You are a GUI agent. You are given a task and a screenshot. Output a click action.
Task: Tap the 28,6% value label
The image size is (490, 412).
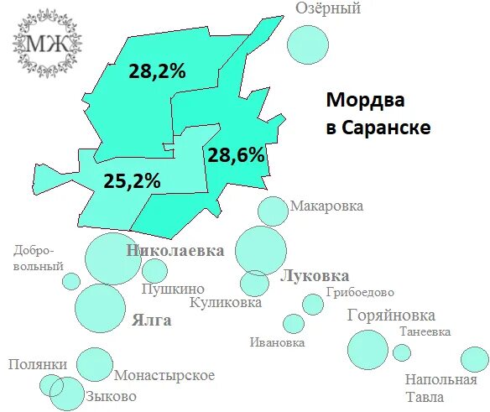236,154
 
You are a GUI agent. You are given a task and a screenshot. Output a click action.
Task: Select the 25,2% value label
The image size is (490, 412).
132,180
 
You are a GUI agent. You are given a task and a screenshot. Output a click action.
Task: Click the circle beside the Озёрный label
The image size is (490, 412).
307,43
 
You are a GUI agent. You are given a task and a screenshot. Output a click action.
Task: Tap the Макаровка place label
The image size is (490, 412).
326,206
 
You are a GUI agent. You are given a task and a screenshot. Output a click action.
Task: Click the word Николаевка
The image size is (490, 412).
175,250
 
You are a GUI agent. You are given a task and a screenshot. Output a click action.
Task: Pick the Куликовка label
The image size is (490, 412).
226,303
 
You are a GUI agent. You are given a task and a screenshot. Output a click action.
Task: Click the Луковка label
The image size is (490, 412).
315,276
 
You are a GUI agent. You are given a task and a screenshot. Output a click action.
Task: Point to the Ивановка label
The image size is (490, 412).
277,342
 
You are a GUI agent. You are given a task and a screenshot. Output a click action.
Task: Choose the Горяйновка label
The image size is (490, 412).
391,316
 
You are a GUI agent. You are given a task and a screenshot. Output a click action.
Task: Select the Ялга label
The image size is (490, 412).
152,320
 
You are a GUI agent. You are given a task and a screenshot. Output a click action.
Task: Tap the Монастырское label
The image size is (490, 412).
164,375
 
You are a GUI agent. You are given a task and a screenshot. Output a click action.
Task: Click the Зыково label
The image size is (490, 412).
111,395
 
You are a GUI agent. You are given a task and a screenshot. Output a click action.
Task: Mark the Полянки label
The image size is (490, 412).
37,364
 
